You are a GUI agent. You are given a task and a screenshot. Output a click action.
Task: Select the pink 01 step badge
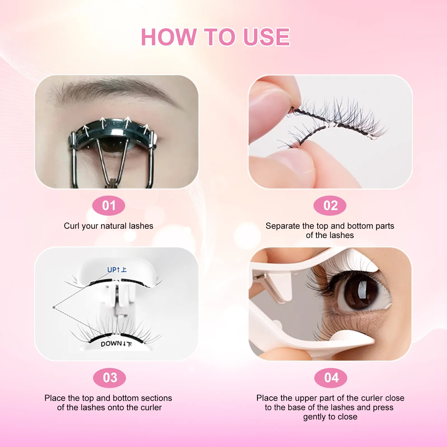click(x=109, y=206)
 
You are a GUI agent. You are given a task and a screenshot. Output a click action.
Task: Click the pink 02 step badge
click(x=330, y=206)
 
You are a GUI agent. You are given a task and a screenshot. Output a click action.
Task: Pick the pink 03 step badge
click(x=110, y=378)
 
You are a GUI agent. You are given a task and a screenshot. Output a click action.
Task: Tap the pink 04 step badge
click(x=331, y=378)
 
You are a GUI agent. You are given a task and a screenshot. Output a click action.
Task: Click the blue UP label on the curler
click(x=113, y=270)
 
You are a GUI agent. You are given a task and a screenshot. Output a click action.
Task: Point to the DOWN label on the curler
click(x=111, y=344)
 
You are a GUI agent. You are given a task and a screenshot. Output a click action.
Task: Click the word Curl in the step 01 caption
click(x=72, y=226)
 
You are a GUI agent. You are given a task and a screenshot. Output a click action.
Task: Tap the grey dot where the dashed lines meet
click(x=54, y=307)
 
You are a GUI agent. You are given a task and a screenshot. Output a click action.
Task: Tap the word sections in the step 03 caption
click(x=156, y=398)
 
